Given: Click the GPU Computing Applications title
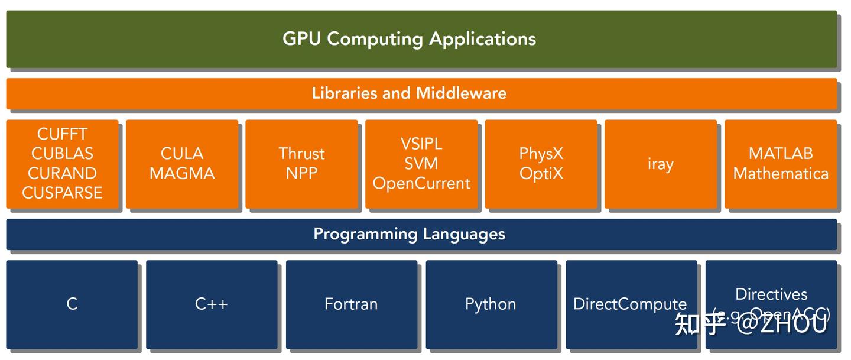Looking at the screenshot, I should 409,39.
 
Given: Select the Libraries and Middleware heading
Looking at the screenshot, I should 409,93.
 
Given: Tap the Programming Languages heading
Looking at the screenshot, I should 409,234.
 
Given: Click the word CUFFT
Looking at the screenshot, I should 62,134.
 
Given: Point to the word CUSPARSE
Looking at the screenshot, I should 62,193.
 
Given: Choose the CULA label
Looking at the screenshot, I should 182,154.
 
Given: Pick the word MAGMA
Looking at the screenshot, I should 182,174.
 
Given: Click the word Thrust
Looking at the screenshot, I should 301,154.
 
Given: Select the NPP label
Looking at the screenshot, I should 301,174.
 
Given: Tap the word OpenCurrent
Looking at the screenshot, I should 421,184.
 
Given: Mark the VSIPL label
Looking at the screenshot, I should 421,144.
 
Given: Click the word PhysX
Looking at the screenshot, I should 541,154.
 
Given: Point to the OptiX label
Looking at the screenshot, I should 541,174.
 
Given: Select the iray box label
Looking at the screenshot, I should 660,164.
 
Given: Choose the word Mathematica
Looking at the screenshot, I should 781,174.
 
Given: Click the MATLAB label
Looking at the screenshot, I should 781,154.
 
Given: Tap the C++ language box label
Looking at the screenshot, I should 212,304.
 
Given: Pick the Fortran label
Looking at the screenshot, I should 351,304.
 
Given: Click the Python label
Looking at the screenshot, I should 491,304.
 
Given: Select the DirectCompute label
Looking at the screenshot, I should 630,304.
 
